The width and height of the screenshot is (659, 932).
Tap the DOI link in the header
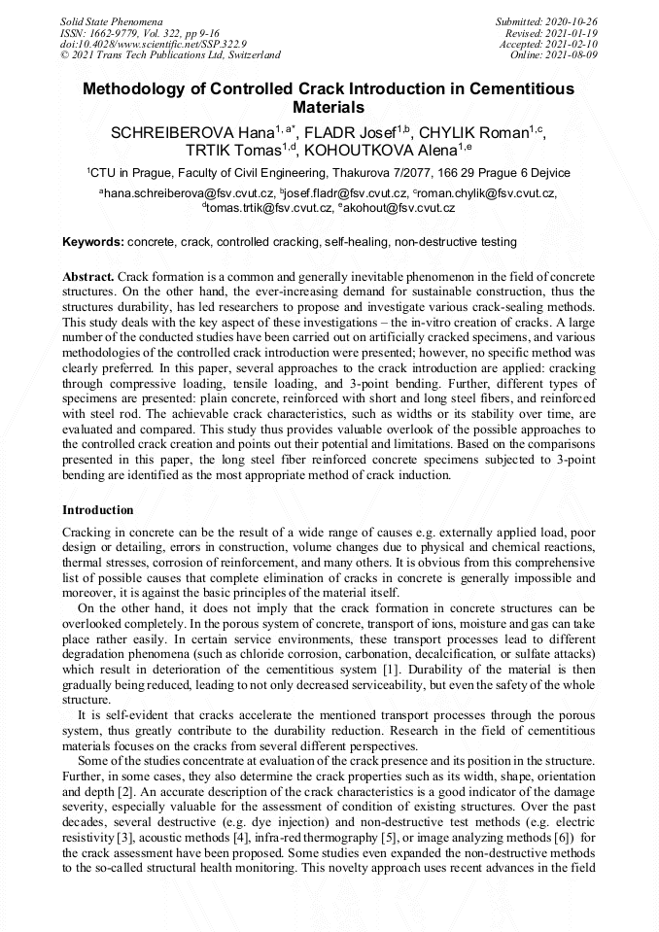(x=154, y=44)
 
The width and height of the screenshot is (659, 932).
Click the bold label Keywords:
(x=93, y=241)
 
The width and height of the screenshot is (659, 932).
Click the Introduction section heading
(x=98, y=510)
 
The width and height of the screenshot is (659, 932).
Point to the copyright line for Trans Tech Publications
(x=170, y=55)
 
